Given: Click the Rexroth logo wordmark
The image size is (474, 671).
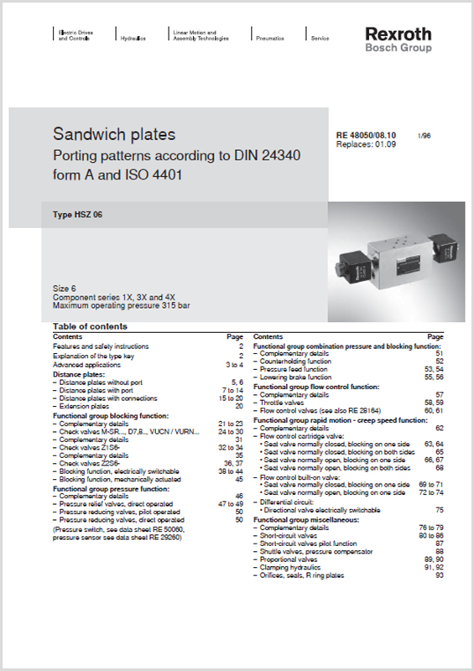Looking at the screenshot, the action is point(398,34).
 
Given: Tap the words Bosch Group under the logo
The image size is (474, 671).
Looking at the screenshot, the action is point(398,48).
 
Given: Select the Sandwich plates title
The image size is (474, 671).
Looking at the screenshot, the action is point(114,134).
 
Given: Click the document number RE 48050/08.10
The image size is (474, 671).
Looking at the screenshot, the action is point(366,135).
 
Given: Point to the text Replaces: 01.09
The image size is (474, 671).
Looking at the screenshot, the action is point(366,144).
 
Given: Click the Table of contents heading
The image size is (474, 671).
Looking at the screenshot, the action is point(90,326).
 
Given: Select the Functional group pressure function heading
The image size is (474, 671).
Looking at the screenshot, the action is point(112,488).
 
